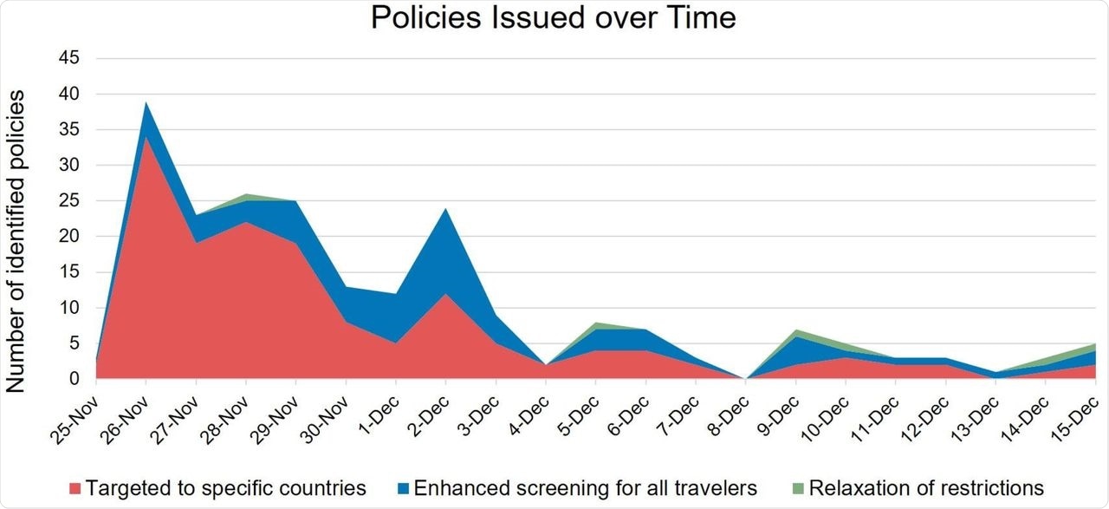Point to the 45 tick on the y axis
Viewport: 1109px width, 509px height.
pyautogui.click(x=68, y=58)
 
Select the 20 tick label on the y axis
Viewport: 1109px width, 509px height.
pyautogui.click(x=68, y=237)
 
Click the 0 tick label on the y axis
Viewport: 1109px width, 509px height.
pyautogui.click(x=74, y=379)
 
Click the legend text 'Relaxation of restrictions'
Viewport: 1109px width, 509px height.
pyautogui.click(x=926, y=487)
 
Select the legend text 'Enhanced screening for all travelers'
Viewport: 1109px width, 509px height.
pyautogui.click(x=585, y=487)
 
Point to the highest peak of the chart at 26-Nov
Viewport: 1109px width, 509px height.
pyautogui.click(x=146, y=103)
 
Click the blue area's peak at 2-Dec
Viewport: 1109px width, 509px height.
pyautogui.click(x=445, y=210)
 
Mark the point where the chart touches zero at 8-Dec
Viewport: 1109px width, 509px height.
pyautogui.click(x=745, y=378)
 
